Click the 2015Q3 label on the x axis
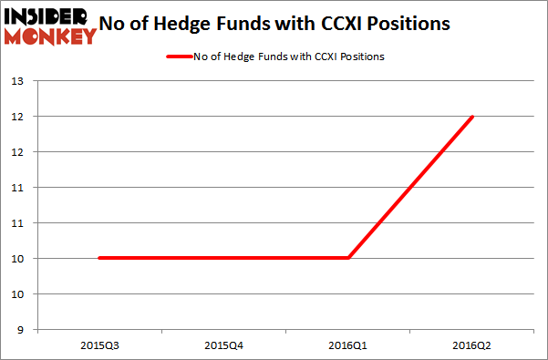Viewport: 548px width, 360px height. (x=98, y=344)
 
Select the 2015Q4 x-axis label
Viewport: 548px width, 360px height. (x=222, y=344)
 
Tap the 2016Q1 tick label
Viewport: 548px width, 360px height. (x=347, y=344)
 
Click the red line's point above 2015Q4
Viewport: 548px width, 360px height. (x=222, y=258)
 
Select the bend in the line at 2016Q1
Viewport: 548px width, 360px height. (x=347, y=258)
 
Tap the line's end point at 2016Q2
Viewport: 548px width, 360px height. (x=472, y=117)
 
